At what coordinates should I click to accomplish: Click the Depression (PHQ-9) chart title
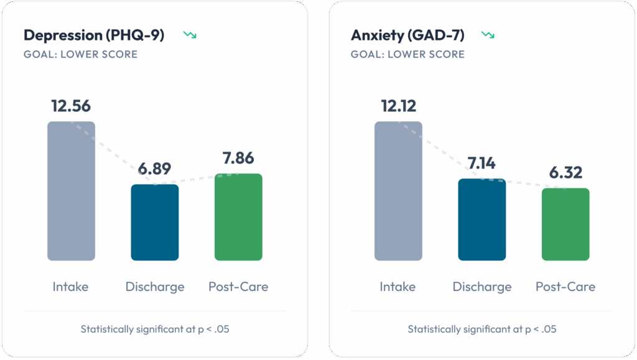pos(94,35)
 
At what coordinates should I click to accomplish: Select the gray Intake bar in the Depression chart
pos(71,191)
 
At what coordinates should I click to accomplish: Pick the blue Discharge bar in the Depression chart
pos(154,222)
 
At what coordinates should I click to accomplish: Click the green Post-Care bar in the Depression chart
pos(238,217)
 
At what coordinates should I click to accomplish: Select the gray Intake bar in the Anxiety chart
pos(398,191)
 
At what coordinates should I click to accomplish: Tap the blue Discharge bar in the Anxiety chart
pos(482,219)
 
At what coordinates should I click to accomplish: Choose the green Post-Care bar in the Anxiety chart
pos(565,224)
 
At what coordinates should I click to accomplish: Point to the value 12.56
pos(71,106)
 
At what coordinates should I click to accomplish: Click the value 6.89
pos(154,168)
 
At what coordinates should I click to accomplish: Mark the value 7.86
pos(238,158)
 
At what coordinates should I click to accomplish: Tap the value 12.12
pos(398,106)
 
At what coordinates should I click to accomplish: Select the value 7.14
pos(482,164)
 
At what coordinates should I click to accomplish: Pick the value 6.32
pos(565,172)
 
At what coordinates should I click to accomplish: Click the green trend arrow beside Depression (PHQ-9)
pos(190,35)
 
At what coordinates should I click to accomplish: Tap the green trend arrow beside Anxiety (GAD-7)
pos(488,35)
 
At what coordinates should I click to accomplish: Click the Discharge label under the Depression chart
pos(155,287)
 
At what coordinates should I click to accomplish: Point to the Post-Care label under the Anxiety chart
pos(565,287)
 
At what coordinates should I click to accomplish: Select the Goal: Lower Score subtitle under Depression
pos(80,54)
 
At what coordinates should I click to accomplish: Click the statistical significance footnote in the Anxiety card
pos(482,329)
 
